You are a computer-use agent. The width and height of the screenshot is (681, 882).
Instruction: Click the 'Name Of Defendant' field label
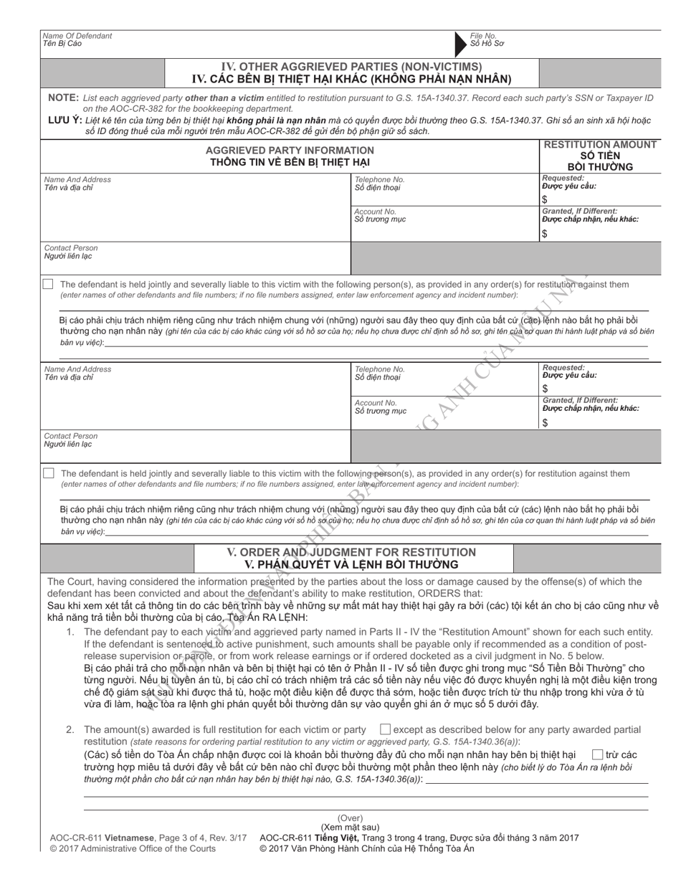[77, 35]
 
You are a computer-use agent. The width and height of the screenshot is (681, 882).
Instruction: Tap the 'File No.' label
[483, 35]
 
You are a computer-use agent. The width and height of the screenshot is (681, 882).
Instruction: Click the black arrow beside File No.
[460, 44]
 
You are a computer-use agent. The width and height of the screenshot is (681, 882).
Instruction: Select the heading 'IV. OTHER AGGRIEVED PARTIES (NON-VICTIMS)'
[351, 67]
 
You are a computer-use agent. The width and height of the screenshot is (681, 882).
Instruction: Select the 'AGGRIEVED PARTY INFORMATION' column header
[290, 150]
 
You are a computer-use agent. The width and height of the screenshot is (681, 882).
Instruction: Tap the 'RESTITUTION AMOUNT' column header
[601, 145]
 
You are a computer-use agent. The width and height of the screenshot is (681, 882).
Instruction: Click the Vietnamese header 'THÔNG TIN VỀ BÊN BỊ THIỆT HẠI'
[290, 162]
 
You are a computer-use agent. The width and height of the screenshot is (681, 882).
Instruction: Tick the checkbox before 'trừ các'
[596, 754]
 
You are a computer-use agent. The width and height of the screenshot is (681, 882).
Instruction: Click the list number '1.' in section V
[70, 632]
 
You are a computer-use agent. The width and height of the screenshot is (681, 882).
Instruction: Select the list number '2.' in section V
[70, 730]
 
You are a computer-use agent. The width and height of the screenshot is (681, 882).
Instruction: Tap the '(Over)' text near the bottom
[351, 818]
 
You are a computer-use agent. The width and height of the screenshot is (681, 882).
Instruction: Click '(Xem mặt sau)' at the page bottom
[351, 827]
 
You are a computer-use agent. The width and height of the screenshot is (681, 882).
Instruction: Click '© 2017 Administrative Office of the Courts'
[133, 849]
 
